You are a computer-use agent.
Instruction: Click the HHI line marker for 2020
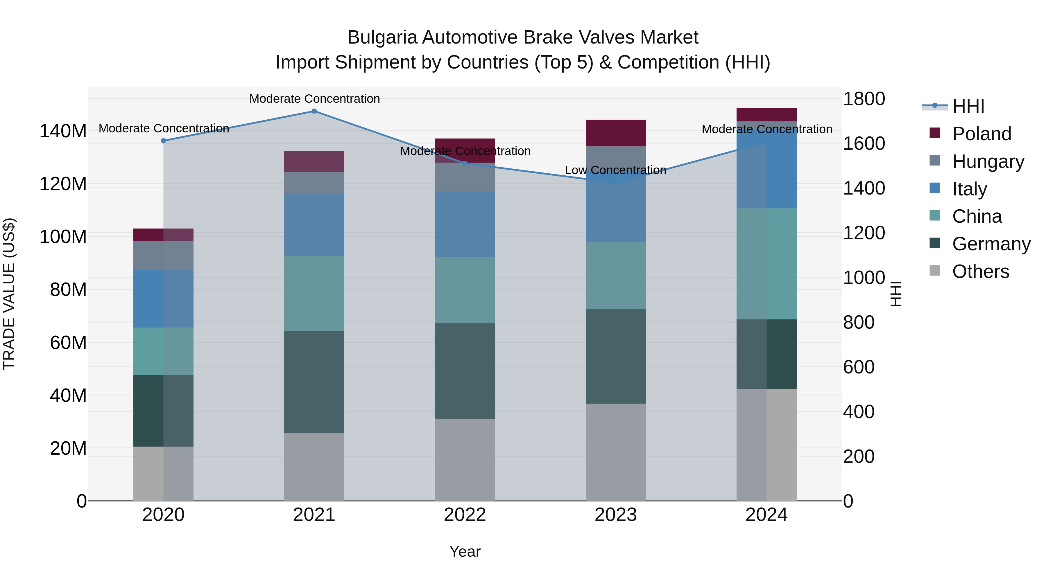163,141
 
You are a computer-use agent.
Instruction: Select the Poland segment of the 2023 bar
616,133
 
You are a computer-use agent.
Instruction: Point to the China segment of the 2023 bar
616,276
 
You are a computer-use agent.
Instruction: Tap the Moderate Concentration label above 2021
314,99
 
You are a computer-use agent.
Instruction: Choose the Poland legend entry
981,134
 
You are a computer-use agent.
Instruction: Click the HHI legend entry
968,106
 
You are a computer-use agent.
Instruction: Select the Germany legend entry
991,244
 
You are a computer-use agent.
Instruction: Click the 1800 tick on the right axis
864,99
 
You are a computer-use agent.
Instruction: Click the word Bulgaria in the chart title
382,38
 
